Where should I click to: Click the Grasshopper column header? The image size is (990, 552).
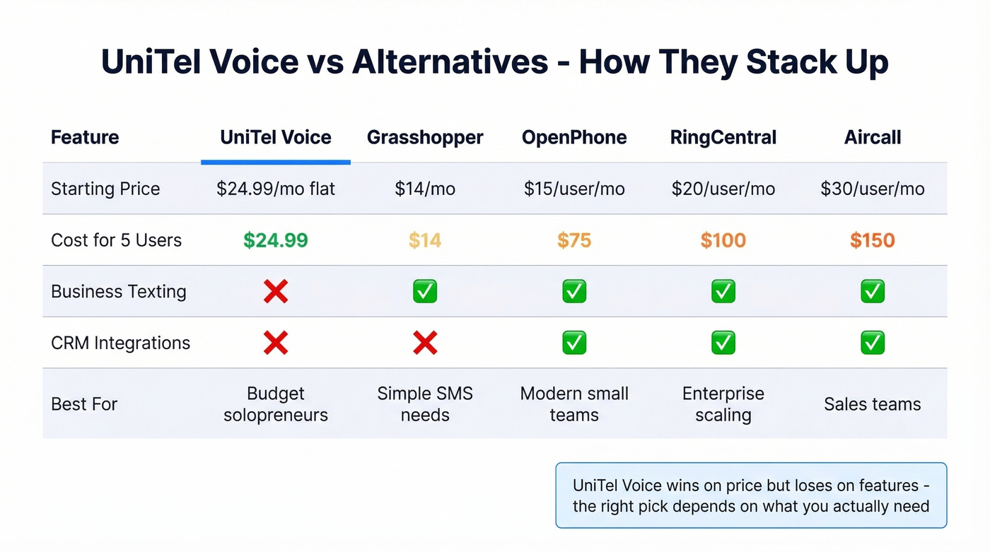click(x=425, y=137)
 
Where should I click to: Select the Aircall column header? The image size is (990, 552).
click(x=873, y=137)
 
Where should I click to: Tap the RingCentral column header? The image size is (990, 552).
click(x=723, y=137)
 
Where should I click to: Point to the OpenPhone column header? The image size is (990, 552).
click(x=574, y=137)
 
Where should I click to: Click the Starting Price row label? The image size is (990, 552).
click(x=105, y=189)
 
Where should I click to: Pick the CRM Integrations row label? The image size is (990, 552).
click(x=120, y=343)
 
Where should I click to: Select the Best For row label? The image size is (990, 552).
click(x=84, y=404)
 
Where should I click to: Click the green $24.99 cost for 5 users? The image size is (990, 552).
click(x=276, y=240)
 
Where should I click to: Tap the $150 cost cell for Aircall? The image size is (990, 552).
click(x=873, y=240)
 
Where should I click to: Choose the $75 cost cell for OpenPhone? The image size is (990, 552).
click(x=574, y=240)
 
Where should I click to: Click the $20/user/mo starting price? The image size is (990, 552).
click(x=723, y=189)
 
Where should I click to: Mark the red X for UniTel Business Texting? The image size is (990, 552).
click(x=276, y=291)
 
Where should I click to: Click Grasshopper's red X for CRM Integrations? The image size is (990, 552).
click(x=425, y=343)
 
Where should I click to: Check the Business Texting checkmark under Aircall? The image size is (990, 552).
click(x=873, y=291)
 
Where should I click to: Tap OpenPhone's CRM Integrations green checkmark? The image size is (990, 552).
click(x=574, y=343)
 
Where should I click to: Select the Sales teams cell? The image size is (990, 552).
click(x=873, y=404)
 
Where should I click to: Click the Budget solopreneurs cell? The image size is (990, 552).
click(x=276, y=404)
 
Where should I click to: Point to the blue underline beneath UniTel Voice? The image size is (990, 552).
click(x=276, y=163)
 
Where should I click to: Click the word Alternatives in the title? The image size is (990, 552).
click(x=450, y=62)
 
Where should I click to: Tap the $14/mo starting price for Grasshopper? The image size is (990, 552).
click(x=425, y=189)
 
